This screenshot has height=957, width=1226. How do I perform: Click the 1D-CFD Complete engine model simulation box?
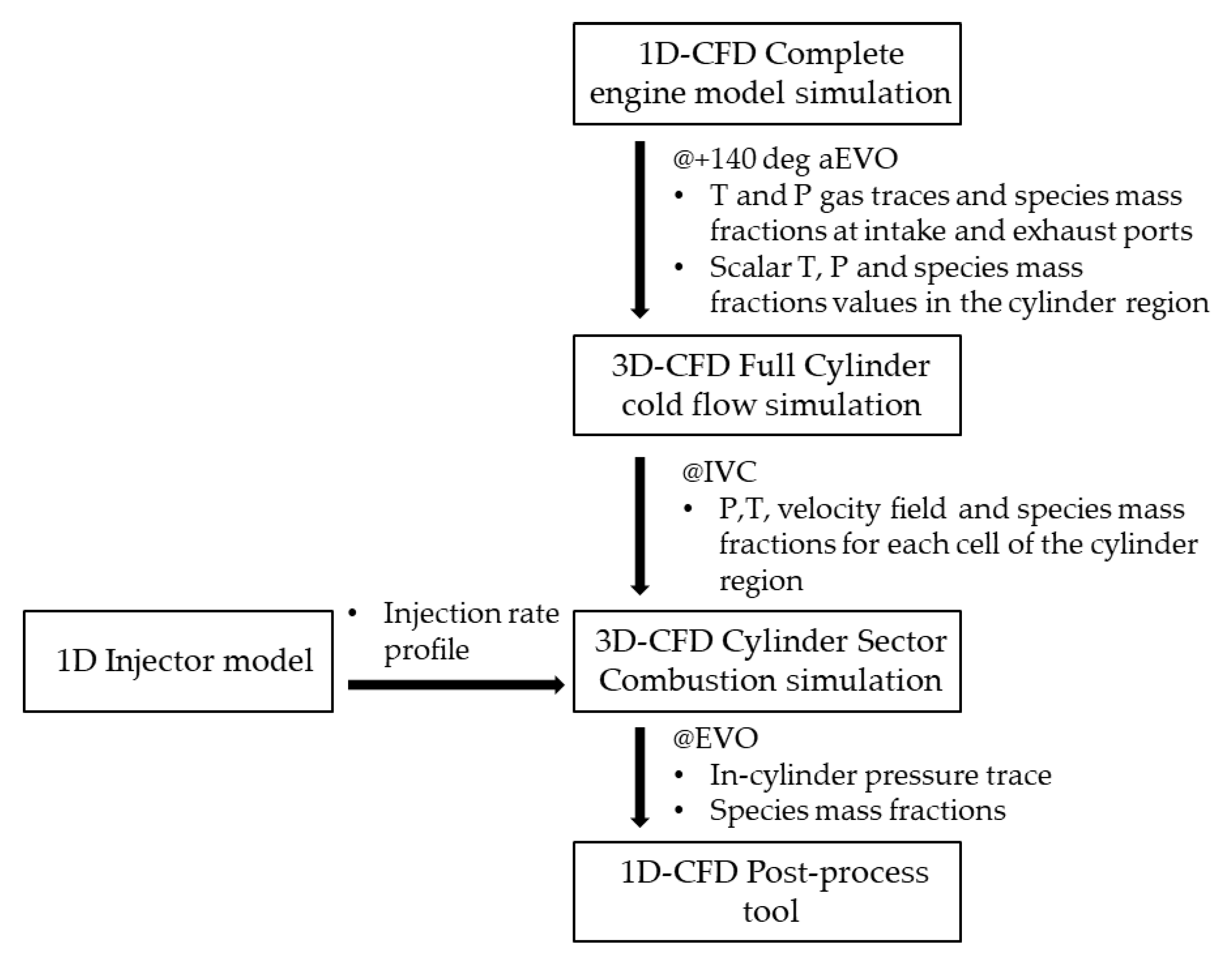tap(767, 73)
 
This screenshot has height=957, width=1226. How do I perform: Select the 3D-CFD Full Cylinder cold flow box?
tap(767, 385)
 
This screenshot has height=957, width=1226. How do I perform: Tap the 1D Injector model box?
tap(178, 661)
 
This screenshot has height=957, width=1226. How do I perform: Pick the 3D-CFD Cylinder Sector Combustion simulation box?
tap(767, 661)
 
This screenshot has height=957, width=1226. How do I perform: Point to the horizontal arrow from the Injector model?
tap(455, 685)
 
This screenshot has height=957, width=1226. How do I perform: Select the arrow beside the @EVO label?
tap(640, 776)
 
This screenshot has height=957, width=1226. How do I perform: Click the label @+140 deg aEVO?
tap(785, 159)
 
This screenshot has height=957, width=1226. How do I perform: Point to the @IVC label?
tap(719, 472)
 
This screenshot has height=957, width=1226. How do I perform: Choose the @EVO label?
tap(716, 738)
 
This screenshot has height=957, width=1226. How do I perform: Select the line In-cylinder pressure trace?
tap(880, 775)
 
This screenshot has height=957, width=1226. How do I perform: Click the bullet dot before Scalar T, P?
tap(678, 267)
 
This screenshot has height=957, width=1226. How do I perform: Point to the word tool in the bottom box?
tap(770, 911)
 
